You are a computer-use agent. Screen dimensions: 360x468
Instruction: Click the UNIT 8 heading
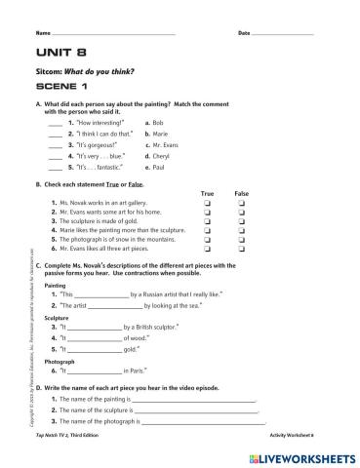point(57,57)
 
